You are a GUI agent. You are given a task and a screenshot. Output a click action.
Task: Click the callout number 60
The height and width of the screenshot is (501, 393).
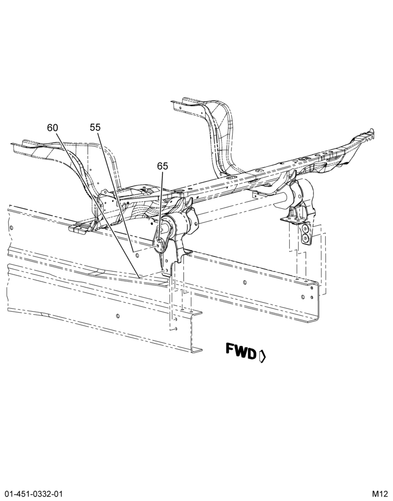coord(53,128)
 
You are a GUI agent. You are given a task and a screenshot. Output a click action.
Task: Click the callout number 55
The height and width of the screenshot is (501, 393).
coord(95,127)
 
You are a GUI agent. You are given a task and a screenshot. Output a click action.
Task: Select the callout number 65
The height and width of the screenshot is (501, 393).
coord(162,166)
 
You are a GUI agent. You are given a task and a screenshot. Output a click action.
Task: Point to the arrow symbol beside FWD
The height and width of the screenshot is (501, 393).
coord(262,356)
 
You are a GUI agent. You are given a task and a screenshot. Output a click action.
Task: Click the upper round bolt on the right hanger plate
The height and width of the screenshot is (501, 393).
coord(305,229)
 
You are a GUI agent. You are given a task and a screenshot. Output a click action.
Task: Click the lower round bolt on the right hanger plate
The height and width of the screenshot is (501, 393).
coord(305,238)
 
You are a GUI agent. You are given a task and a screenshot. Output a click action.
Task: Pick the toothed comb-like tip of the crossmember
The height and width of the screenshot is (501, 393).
coord(370,134)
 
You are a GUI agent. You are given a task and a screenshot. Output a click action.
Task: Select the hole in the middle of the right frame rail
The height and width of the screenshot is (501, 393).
coord(245,283)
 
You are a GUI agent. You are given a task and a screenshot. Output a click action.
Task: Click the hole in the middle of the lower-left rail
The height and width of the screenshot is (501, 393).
coord(118,316)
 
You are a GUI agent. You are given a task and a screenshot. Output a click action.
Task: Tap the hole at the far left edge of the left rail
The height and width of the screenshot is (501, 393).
coord(12,228)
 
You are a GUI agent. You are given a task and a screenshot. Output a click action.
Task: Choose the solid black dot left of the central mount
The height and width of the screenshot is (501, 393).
coord(152,224)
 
